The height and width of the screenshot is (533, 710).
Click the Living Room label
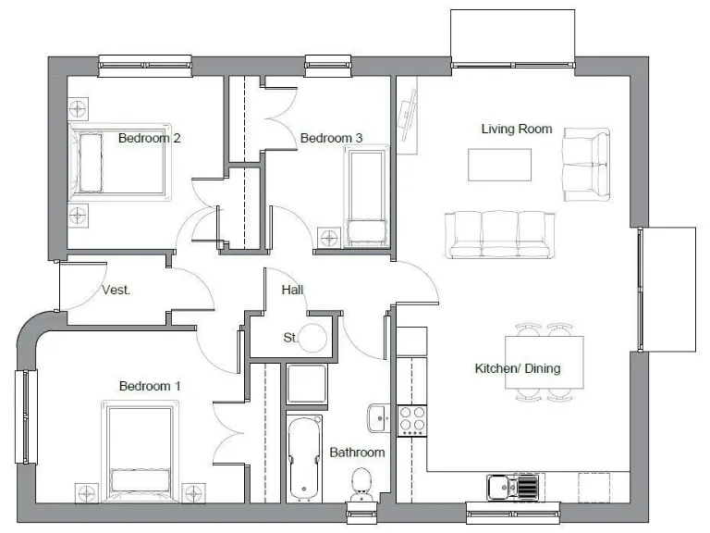pos(516,129)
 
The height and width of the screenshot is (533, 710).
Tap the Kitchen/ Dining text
pos(517,368)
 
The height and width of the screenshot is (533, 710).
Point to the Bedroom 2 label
pos(149,138)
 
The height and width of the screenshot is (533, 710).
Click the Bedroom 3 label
pos(331,138)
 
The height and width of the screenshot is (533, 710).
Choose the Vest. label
pos(116,290)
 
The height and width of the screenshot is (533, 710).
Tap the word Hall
pos(292,290)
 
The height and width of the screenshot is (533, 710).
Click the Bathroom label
pos(357,452)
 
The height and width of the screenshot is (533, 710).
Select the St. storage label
pos(290,338)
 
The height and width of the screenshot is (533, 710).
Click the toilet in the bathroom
pos(361,484)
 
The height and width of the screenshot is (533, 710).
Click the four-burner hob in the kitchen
pos(411,420)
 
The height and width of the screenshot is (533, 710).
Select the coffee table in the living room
pos(500,165)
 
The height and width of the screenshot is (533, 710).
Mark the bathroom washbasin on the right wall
pos(378,418)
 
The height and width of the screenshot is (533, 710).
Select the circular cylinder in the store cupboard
pos(315,339)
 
